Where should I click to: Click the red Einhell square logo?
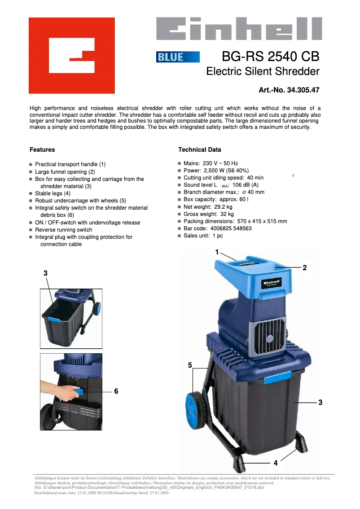72,55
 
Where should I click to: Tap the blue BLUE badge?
178,57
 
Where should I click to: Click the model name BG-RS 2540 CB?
271,57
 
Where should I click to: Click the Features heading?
42,149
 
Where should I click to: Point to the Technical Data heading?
199,149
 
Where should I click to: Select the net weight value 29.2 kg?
223,207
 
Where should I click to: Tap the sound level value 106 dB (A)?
249,185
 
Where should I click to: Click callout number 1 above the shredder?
217,252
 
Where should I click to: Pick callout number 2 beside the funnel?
304,268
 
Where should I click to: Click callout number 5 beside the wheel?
190,366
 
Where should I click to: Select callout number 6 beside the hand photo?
116,391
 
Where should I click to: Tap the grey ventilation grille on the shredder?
267,334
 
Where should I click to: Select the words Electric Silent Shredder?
263,71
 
